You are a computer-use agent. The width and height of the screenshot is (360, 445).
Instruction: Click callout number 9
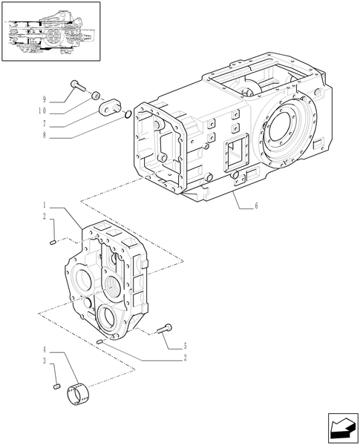[x=44, y=99]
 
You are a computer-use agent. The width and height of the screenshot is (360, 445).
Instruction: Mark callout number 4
[x=44, y=349]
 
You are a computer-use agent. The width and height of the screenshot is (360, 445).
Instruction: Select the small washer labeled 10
[x=96, y=95]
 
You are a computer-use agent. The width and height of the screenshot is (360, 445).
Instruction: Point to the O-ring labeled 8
[x=129, y=113]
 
